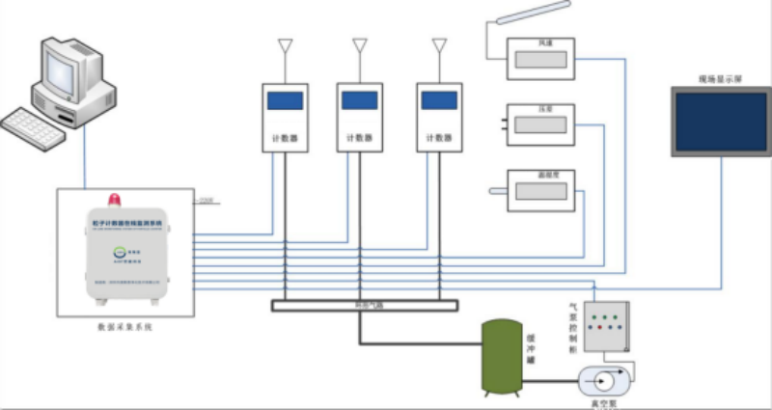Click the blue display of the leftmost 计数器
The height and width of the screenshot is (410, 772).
pos(284,99)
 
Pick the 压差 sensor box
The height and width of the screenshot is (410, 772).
pos(541,122)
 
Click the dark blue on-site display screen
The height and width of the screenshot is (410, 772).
pos(720,121)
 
